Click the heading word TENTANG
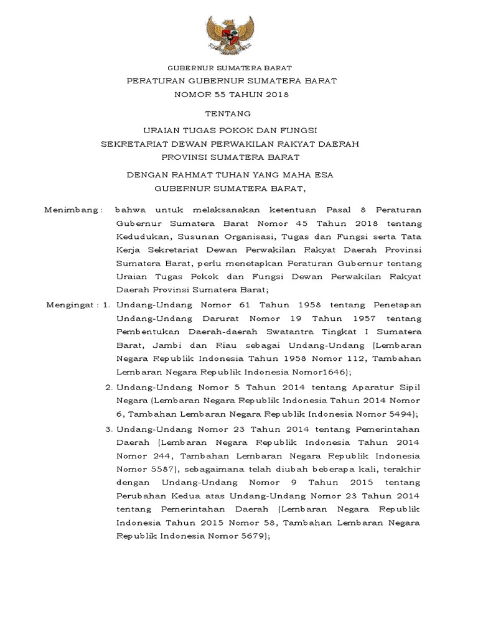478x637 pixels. coord(228,113)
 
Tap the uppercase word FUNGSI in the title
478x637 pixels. coord(296,129)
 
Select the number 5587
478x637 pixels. coord(160,469)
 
